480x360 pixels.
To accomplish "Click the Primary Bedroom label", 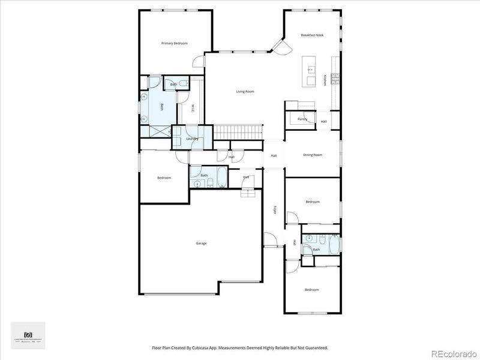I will [175, 43].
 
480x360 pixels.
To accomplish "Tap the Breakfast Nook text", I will [312, 36].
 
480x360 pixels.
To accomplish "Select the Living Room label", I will [245, 92].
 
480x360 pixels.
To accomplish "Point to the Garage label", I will [201, 243].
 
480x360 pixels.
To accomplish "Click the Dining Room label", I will [313, 155].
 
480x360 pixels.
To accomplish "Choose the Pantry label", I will [302, 119].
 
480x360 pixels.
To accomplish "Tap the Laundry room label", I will [192, 139].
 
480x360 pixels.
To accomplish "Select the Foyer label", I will [275, 210].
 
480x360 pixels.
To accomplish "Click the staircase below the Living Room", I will [239, 131].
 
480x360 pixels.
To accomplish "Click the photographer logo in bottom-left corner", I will [28, 335].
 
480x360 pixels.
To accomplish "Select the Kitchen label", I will [326, 80].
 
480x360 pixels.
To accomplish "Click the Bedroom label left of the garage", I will [164, 178].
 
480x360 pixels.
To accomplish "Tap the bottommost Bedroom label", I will [311, 290].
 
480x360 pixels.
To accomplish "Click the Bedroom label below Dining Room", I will [312, 202].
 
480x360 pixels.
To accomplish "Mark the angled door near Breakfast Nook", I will [278, 46].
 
